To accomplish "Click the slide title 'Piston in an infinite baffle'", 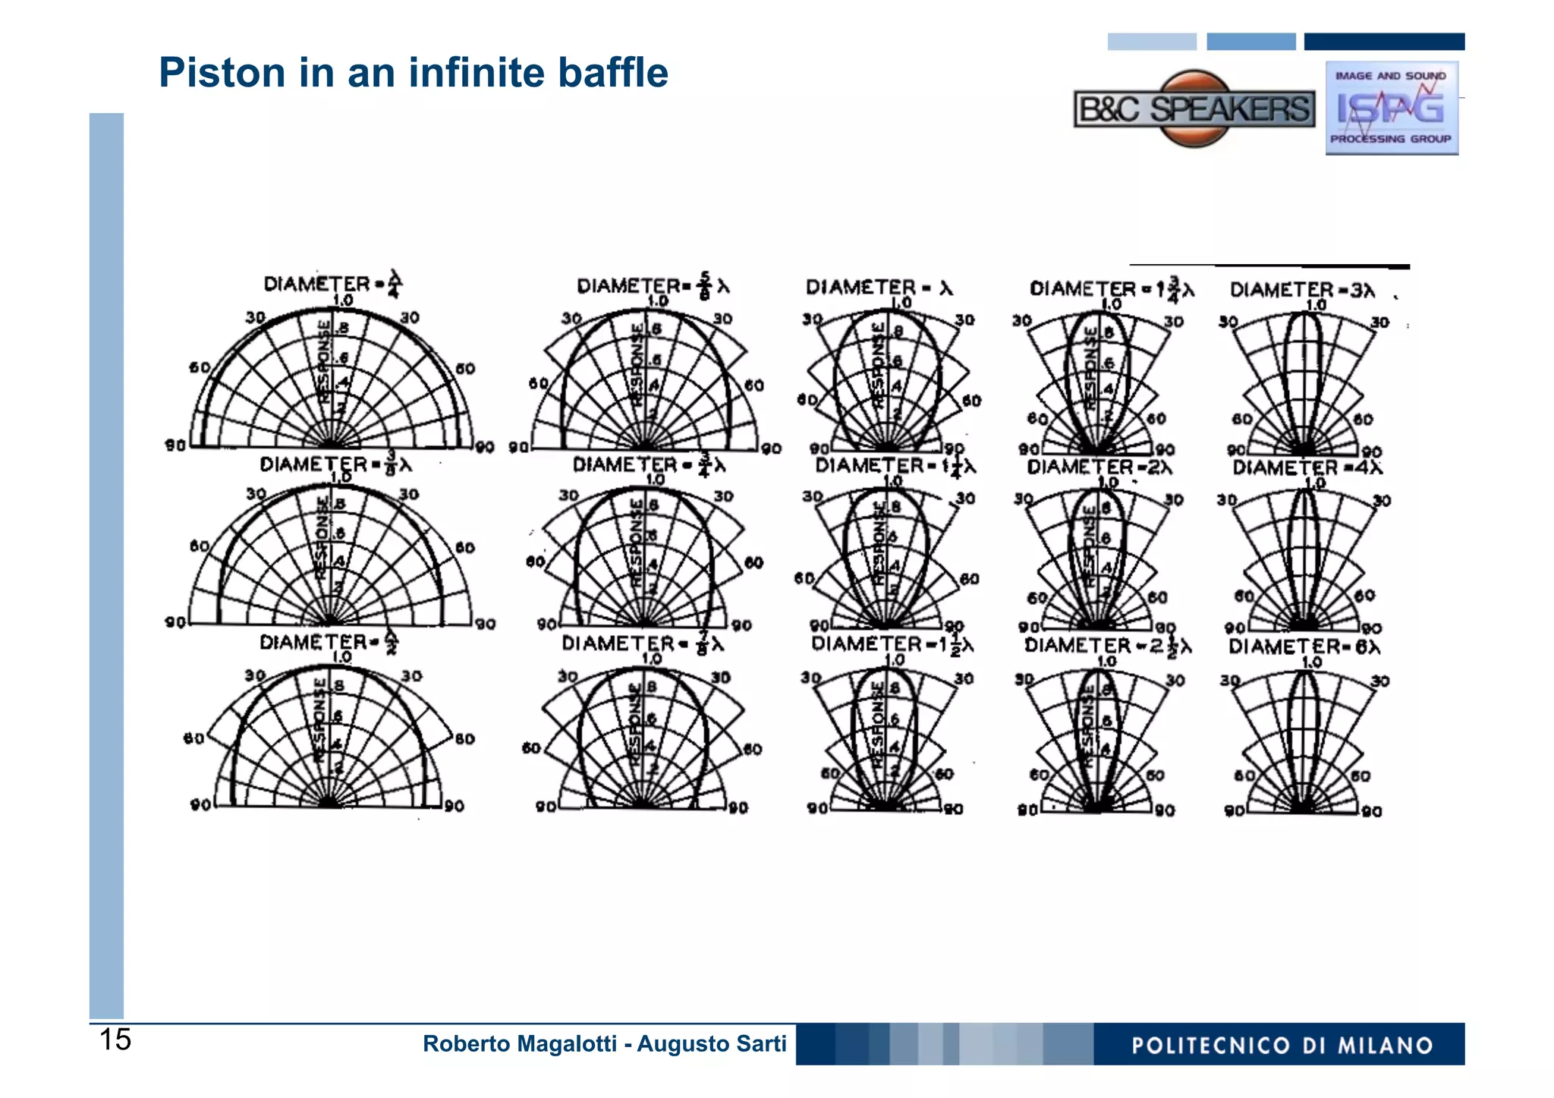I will pyautogui.click(x=413, y=73).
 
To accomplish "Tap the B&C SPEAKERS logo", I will pyautogui.click(x=1194, y=109).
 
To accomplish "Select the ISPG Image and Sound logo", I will pyautogui.click(x=1392, y=108).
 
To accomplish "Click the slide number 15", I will pyautogui.click(x=115, y=1040).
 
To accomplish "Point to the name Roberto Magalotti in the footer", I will pyautogui.click(x=519, y=1044).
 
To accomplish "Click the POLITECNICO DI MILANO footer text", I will pyautogui.click(x=1282, y=1046).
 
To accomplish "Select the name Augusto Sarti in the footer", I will pyautogui.click(x=712, y=1044).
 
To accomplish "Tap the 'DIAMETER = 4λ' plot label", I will pyautogui.click(x=1307, y=467).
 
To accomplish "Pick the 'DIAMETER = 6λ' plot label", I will pyautogui.click(x=1304, y=647).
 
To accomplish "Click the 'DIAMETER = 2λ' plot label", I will pyautogui.click(x=1099, y=467).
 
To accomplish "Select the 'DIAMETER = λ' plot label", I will pyautogui.click(x=879, y=288).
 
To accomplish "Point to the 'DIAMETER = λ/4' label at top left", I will pyautogui.click(x=332, y=284).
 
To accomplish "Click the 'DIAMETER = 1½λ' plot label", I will pyautogui.click(x=892, y=644).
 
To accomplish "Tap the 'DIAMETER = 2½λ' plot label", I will pyautogui.click(x=1107, y=646).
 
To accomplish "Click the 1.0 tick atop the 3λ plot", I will pyautogui.click(x=1316, y=305).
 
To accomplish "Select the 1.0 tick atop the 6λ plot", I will pyautogui.click(x=1312, y=662).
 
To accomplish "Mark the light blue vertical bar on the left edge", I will pyautogui.click(x=106, y=565).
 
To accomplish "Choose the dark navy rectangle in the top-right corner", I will pyautogui.click(x=1384, y=42).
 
